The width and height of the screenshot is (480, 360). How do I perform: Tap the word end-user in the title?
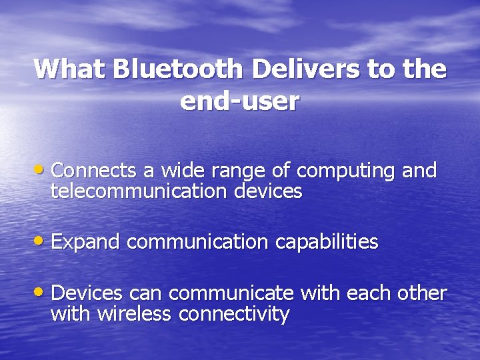click(x=239, y=101)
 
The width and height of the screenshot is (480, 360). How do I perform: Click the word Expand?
click(x=85, y=241)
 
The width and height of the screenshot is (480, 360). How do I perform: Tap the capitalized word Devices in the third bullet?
click(x=87, y=293)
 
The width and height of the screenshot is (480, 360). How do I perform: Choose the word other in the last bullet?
click(x=421, y=293)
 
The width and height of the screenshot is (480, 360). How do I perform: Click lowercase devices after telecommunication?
click(x=268, y=192)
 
